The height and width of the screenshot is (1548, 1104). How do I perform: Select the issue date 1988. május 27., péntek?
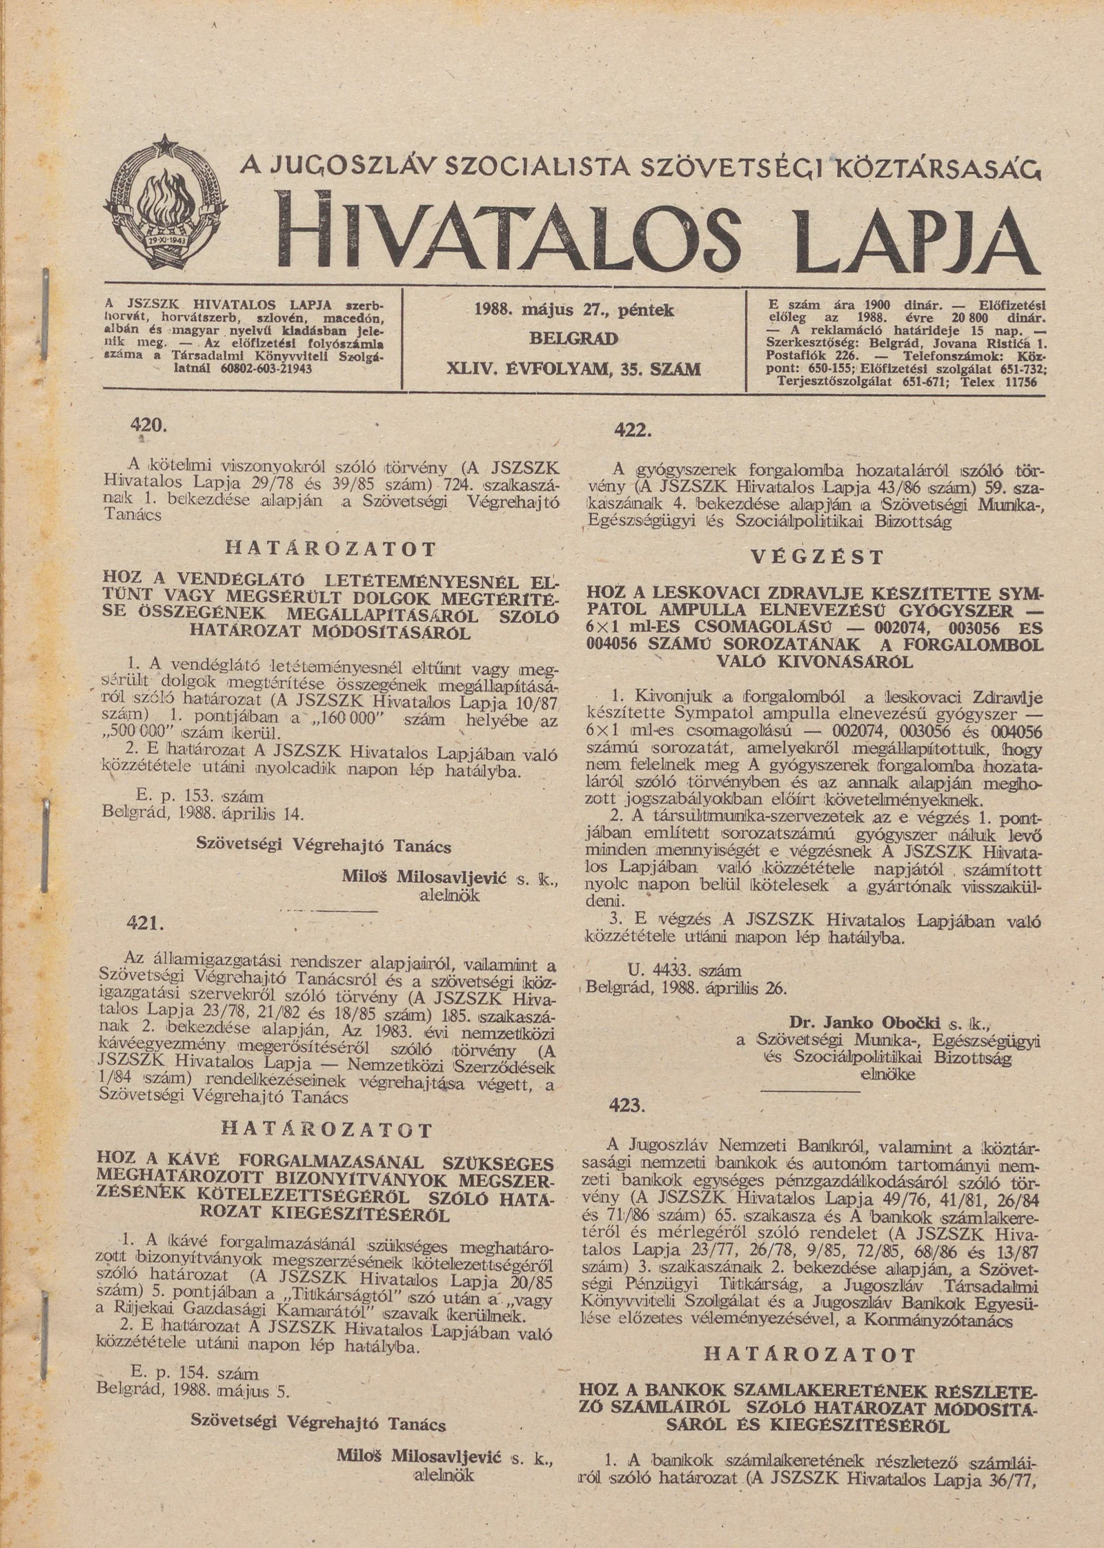pos(574,310)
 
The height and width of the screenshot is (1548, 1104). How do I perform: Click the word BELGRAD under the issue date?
pos(573,339)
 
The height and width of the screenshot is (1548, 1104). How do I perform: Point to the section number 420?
pos(148,426)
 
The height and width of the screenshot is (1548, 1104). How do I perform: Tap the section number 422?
pos(633,430)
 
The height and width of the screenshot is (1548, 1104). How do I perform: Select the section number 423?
pos(627,1105)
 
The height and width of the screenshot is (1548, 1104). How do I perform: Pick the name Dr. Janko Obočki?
pos(866,1022)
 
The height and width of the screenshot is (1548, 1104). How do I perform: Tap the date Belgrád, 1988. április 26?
pos(687,988)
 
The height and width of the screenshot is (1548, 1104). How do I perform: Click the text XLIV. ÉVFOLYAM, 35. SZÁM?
pos(574,369)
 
